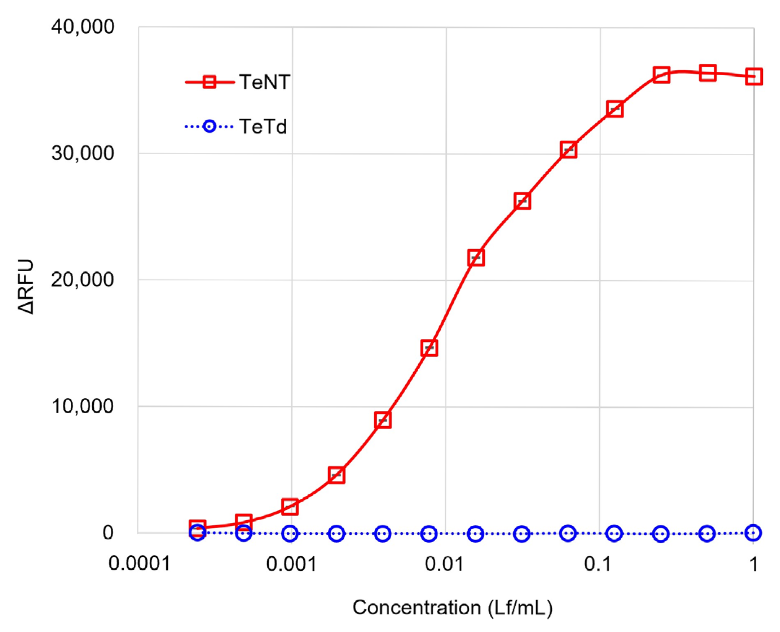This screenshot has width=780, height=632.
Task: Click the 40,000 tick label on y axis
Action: pos(83,27)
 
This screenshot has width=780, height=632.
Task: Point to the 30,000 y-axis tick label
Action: pos(83,153)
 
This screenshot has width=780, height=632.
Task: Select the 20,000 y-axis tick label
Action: pos(83,280)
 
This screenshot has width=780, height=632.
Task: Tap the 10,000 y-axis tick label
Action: pos(83,406)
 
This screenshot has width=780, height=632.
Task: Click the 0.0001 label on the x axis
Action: pos(140,564)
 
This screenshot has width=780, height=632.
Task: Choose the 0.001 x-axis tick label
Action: pos(291,564)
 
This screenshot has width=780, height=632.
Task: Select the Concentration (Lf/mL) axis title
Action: pos(453,607)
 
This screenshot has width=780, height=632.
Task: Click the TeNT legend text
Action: pos(265,82)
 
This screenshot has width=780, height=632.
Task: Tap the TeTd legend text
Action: pos(263,127)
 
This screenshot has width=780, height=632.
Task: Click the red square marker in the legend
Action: pos(210,82)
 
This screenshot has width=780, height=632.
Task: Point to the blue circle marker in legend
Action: pos(210,127)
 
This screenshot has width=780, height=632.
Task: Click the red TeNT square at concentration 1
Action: pos(753,76)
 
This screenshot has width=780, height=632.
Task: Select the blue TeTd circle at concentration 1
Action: pos(753,533)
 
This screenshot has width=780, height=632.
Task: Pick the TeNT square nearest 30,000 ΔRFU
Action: pos(568,150)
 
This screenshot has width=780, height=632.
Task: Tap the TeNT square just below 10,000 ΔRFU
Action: pos(383,420)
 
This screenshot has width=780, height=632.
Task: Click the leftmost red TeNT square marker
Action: pos(198,527)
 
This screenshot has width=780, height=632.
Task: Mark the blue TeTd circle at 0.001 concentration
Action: pos(290,534)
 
